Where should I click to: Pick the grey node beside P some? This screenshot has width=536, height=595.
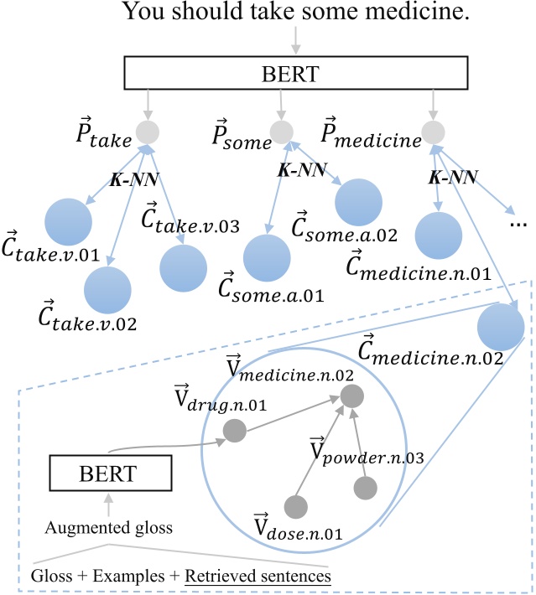click(283, 132)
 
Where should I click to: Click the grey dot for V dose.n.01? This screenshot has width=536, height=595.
click(294, 506)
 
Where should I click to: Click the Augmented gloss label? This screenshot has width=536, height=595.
click(108, 528)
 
